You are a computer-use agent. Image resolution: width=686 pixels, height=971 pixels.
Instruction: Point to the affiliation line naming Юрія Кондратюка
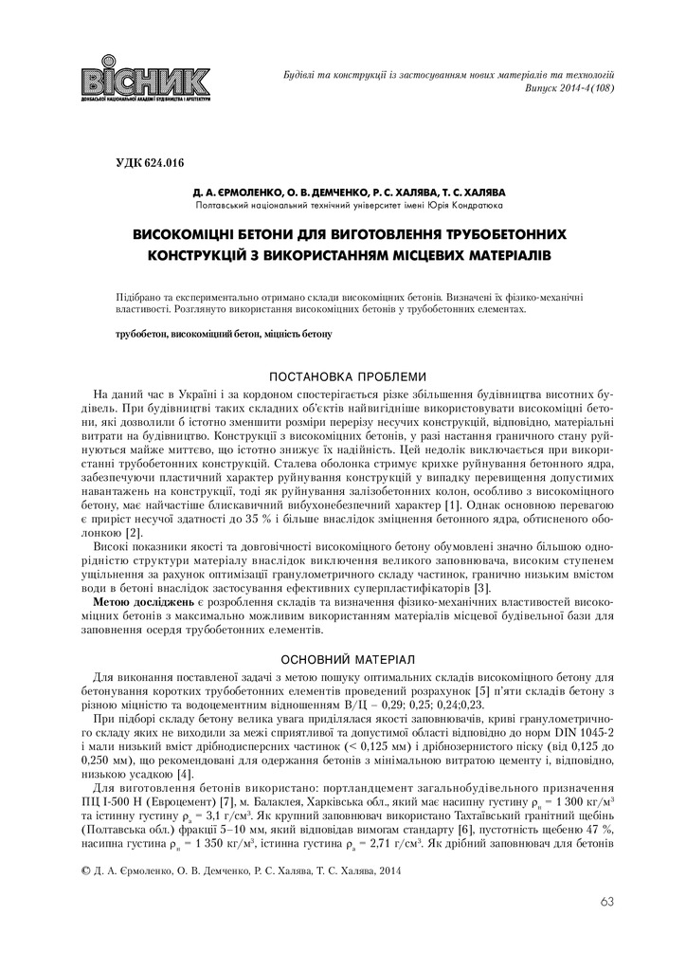[348, 204]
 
